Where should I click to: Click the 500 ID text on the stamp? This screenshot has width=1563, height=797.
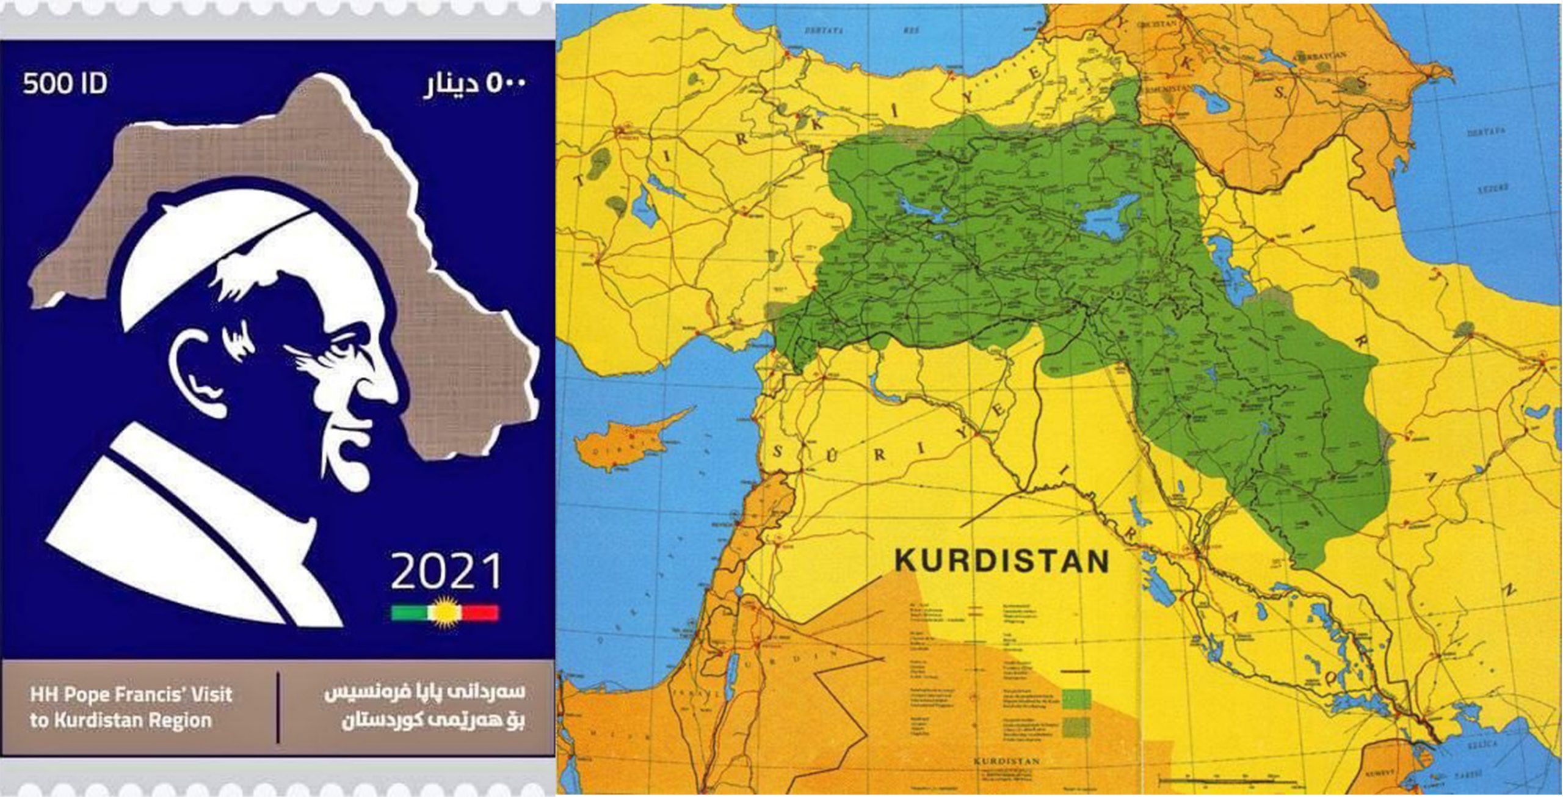pos(65,84)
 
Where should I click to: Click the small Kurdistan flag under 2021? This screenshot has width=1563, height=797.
pos(444,612)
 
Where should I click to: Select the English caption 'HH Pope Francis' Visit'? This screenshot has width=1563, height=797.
pos(131,694)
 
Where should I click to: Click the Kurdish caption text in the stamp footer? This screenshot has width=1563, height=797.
pos(424,707)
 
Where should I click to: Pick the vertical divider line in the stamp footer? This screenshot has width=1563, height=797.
pos(278,707)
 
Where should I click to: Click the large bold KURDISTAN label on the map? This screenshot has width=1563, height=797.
pos(1001,561)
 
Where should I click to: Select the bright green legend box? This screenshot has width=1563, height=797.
pos(1076,698)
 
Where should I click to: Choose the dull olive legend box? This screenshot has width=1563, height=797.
pos(1076,726)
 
